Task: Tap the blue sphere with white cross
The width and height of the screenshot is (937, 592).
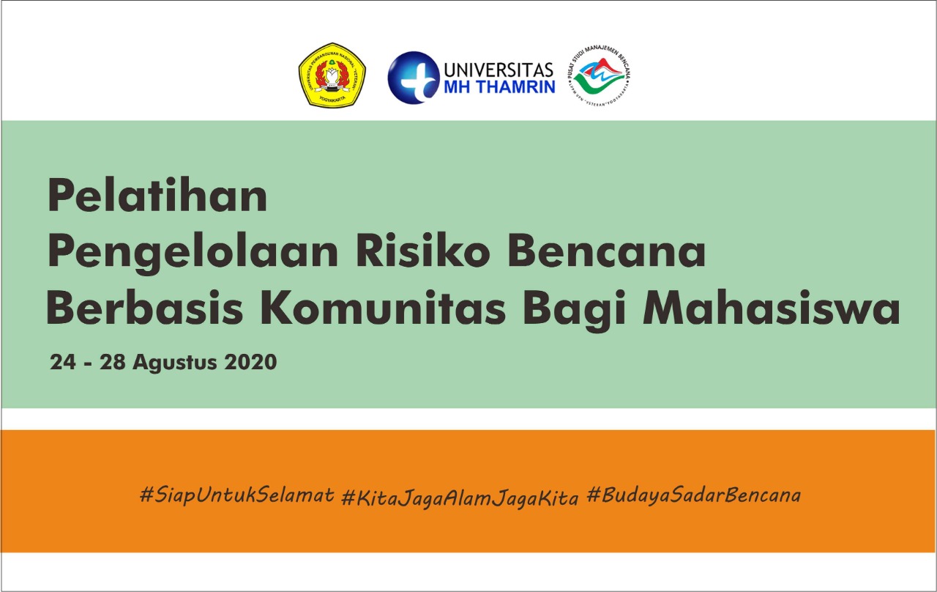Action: point(413,77)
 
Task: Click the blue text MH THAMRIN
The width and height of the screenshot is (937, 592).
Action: point(499,86)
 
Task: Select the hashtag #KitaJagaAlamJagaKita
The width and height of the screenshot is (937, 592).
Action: point(460,497)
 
